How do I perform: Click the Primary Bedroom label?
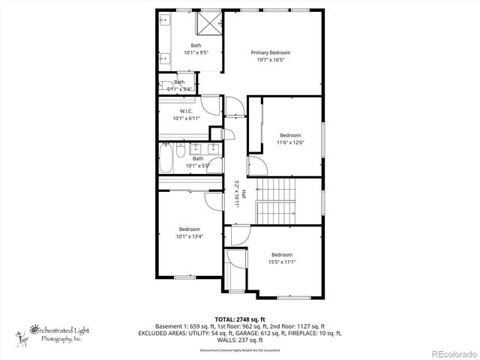270,52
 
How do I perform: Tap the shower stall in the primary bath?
209,23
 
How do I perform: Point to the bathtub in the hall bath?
166,158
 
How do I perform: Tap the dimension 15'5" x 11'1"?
281,262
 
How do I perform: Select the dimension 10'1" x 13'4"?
189,236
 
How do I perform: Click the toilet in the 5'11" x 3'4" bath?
163,85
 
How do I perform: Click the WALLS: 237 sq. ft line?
240,340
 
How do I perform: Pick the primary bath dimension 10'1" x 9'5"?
196,53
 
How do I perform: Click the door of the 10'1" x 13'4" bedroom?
226,200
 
